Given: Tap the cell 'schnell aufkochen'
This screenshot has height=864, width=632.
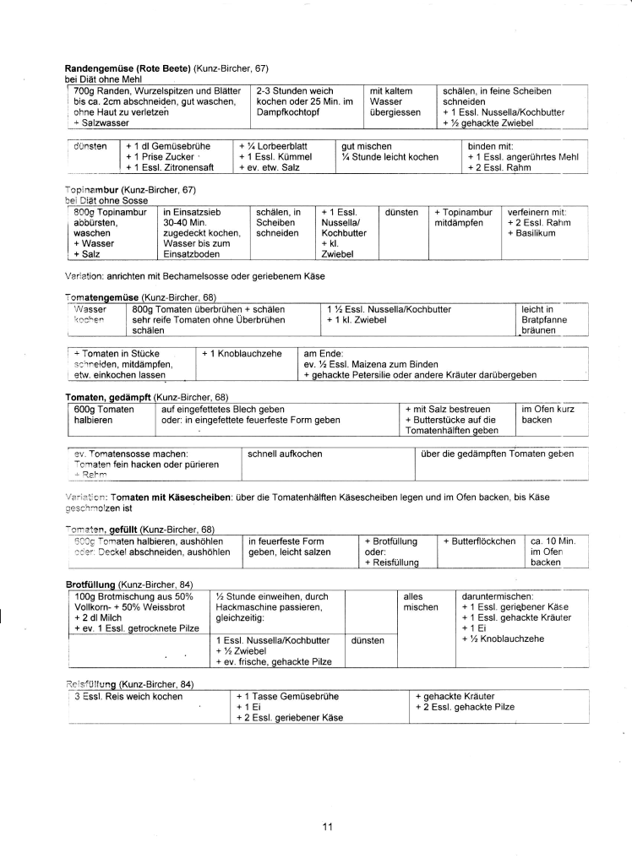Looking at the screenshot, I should [x=285, y=454].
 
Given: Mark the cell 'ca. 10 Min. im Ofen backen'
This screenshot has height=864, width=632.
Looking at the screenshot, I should [x=552, y=552].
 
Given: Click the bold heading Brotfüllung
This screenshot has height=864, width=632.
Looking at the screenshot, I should [x=92, y=584].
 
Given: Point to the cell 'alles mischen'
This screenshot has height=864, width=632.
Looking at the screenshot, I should [x=421, y=601].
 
